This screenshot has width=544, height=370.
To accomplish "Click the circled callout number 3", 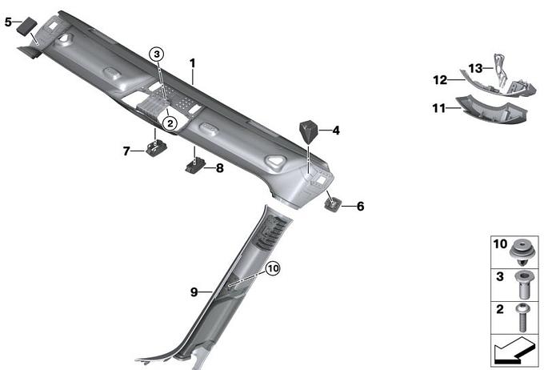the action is [157, 54].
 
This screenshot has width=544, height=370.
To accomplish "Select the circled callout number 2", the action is [170, 123].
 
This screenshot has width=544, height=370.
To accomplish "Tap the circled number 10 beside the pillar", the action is [273, 268].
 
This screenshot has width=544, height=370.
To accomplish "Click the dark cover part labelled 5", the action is [26, 26].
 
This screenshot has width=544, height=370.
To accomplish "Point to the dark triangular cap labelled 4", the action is [308, 132].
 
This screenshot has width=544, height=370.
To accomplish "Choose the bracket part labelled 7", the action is [157, 148].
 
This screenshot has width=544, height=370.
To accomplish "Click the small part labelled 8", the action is [196, 166].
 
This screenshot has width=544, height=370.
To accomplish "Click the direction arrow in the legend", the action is [512, 351].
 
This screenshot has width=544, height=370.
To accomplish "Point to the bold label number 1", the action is [193, 63].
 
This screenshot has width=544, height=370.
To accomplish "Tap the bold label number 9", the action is [194, 292].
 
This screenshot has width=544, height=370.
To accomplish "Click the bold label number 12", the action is [440, 80].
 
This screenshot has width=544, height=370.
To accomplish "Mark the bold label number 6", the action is [361, 206].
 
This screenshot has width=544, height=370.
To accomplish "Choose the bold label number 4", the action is [336, 131].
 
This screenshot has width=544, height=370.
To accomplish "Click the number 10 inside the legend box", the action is [500, 244].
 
